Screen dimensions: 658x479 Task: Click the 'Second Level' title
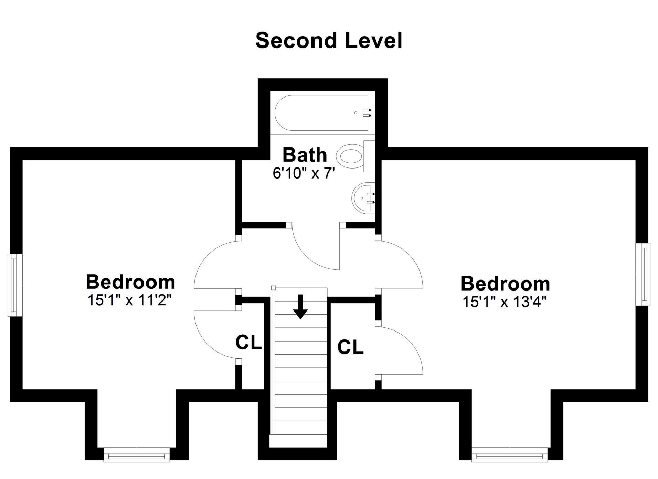[329, 41]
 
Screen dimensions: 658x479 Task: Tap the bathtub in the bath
[321, 113]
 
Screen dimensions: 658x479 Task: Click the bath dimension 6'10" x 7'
[304, 173]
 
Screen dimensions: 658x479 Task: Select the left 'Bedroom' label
[130, 282]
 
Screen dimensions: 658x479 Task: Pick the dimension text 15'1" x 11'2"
[129, 300]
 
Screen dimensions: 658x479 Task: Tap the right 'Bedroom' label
[505, 284]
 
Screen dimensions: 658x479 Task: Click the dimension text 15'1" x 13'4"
[505, 302]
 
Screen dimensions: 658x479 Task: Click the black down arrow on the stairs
[300, 307]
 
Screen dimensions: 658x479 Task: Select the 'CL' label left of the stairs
[248, 343]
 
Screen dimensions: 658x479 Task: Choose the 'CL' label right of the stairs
[350, 347]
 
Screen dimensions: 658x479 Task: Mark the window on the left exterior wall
[13, 285]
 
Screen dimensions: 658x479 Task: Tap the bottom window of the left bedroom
[137, 455]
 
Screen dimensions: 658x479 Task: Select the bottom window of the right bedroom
[509, 455]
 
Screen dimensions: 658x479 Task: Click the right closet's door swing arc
[411, 345]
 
